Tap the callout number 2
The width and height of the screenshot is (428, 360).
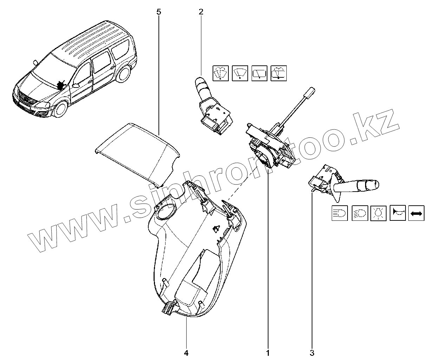pos(201,12)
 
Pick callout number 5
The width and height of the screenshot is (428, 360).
pos(158,12)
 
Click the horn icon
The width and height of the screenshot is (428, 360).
pos(397,213)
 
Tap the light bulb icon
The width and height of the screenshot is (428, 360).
pos(379,213)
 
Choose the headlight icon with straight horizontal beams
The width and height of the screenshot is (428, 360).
pos(340,213)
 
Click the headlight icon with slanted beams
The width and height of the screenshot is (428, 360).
pos(359,213)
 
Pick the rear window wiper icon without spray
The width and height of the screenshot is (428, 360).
pos(260,73)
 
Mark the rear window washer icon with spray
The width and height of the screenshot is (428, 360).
pos(279,73)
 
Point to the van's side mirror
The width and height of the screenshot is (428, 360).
pos(75,85)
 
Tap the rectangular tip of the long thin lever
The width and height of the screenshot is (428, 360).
pos(310,92)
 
